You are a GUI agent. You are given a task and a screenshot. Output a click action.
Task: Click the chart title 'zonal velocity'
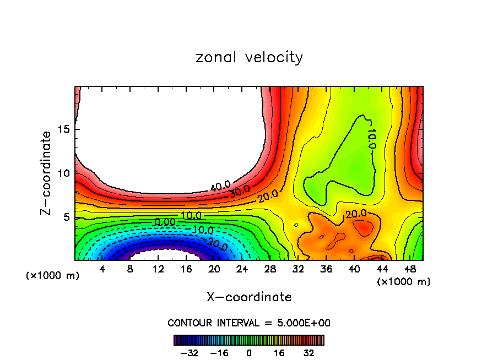point(249,57)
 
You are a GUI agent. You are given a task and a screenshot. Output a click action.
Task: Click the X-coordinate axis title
point(249,297)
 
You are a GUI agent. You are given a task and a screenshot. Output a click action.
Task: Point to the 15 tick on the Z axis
point(67,129)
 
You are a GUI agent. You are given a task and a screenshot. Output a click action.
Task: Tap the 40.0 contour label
point(220,186)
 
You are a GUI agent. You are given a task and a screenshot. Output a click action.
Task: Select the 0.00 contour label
point(165,221)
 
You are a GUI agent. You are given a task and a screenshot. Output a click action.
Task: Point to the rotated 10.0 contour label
point(371,139)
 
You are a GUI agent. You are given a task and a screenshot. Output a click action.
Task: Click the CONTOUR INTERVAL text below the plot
point(249,323)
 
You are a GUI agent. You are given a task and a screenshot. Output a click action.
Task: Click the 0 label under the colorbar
point(249,353)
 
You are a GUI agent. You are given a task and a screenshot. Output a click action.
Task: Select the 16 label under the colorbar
point(279,353)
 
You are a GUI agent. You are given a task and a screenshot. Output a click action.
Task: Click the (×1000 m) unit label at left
point(53,275)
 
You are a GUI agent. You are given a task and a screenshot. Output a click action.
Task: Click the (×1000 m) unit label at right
point(404,282)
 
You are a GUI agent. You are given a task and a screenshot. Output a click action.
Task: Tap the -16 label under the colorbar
point(219,353)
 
